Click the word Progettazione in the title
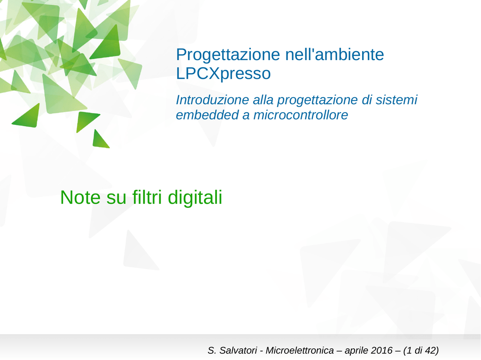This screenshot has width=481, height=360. click(x=228, y=55)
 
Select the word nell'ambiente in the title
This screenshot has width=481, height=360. click(x=334, y=54)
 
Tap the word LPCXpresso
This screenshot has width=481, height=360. click(x=223, y=74)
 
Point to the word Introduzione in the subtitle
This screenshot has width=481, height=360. click(x=212, y=100)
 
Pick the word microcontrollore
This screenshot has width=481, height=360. click(x=301, y=115)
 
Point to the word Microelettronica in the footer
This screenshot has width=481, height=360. click(x=299, y=350)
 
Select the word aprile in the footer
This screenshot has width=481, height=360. click(x=357, y=351)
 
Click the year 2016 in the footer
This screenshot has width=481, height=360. click(x=381, y=350)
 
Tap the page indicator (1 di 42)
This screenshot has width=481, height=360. click(x=421, y=351)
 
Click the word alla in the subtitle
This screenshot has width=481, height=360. click(x=263, y=100)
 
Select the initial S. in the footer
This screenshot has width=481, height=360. click(x=212, y=350)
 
